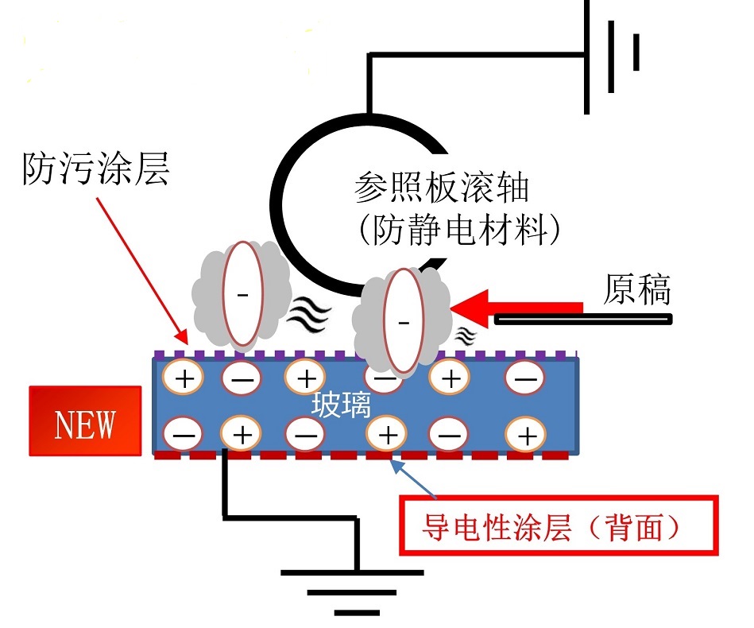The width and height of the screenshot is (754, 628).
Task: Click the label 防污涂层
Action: coord(95,170)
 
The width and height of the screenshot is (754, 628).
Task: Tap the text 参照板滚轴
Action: coord(442,190)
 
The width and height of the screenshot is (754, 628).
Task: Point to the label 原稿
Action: coord(636,291)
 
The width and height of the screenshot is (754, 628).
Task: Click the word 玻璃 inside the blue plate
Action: coord(341,406)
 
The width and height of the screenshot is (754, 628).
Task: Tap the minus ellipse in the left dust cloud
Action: coord(241,293)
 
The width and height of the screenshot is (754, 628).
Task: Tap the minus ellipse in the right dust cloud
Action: coord(403,321)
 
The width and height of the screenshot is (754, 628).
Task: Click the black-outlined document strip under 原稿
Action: coord(584,320)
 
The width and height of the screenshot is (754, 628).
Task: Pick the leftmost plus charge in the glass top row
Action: coord(184,377)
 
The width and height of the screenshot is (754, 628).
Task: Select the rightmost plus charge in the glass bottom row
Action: coord(525,435)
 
